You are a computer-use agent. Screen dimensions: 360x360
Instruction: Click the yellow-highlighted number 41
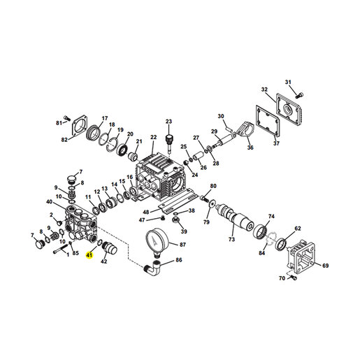point(89,255)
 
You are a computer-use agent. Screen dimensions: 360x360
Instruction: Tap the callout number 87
point(183,245)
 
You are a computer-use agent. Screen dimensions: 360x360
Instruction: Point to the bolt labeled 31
point(300,95)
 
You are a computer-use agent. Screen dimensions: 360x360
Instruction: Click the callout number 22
point(154,137)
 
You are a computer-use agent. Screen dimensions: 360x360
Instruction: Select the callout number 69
point(325,266)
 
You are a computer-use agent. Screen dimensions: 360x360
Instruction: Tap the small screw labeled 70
point(294,278)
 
